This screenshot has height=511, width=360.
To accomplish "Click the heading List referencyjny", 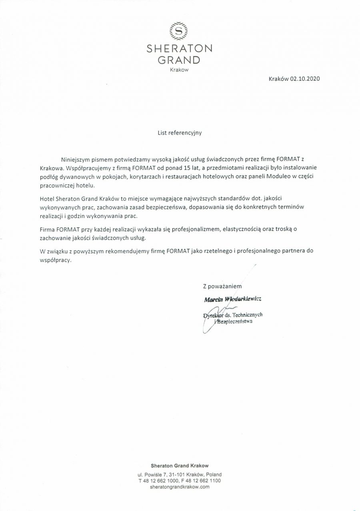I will (180, 133).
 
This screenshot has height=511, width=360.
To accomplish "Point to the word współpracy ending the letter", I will (55, 260).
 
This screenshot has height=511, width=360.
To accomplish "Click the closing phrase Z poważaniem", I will (222, 286).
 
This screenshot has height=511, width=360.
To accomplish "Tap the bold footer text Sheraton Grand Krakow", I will (180, 465).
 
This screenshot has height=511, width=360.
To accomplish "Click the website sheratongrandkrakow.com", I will (180, 487).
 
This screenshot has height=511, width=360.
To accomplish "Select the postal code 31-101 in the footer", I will (172, 475).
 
